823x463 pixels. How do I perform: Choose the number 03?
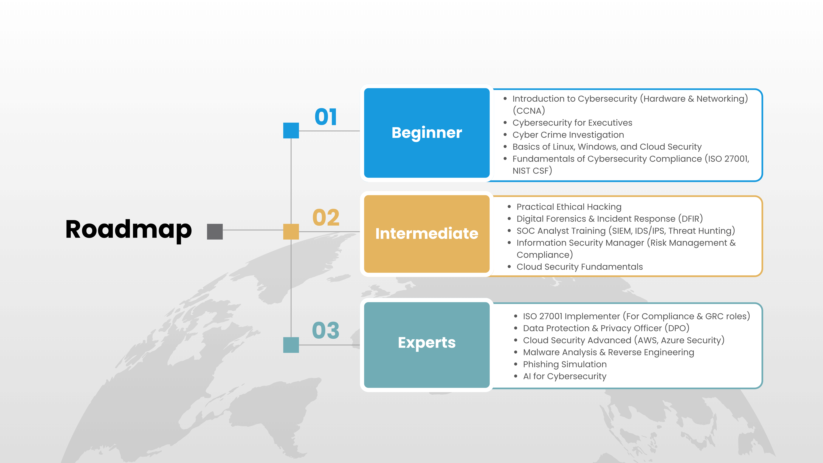325,330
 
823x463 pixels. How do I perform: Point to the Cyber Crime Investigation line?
568,135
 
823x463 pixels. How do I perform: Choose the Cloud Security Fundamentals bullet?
580,267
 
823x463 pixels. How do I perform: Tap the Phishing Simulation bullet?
565,364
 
